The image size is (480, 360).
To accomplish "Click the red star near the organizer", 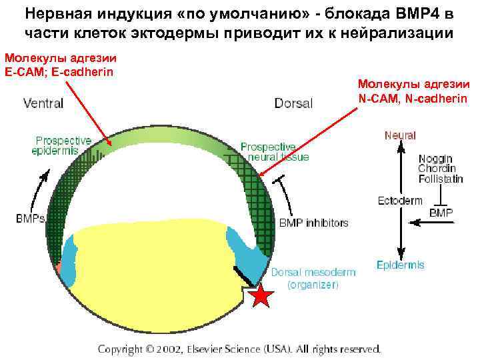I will pos(261,296).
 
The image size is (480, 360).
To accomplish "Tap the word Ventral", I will pos(43,103).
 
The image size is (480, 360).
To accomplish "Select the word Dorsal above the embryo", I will pos(293,103).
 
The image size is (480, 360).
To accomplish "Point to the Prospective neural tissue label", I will pos(274,151).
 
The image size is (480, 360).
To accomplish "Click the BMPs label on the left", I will pos(31,218).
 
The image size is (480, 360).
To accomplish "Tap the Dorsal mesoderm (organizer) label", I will pos(313,278).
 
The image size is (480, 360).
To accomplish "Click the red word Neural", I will pos(400,135).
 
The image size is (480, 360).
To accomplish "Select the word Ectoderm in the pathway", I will pos(400,201).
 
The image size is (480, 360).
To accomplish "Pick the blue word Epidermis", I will pos(400,265).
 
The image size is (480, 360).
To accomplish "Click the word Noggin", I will pos(435,159).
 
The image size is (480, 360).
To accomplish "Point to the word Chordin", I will pos(435,169).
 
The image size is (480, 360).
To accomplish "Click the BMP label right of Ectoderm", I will pos(441,213).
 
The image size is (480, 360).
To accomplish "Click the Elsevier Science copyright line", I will pos(239,349).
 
